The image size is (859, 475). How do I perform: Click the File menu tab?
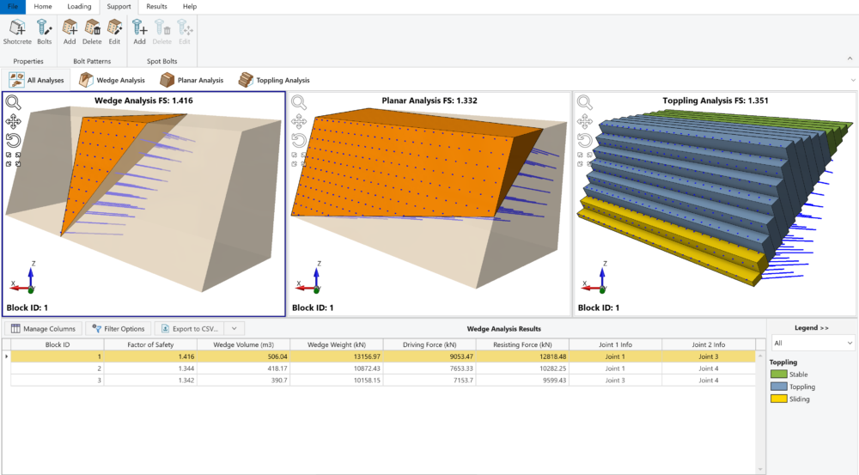tap(13, 6)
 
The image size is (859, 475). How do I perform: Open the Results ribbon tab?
tap(156, 6)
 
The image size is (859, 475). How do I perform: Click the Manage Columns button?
tap(44, 328)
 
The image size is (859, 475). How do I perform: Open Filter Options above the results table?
tap(119, 328)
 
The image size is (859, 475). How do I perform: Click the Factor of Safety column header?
tap(151, 344)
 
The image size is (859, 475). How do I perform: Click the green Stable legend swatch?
tap(778, 375)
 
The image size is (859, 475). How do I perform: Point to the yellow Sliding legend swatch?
tap(778, 399)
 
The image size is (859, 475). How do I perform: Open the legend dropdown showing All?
tap(813, 343)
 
